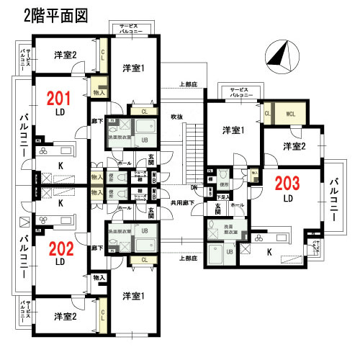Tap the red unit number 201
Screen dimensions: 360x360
(60, 98)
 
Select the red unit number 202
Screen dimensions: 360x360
(61, 250)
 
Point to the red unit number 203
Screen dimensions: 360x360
(287, 183)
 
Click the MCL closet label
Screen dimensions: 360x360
(292, 113)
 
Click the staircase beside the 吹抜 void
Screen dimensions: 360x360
(192, 151)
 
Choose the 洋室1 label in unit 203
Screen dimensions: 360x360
(233, 130)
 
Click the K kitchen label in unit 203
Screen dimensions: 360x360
(270, 252)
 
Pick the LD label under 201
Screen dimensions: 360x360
(60, 113)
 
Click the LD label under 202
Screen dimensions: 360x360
(61, 263)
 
